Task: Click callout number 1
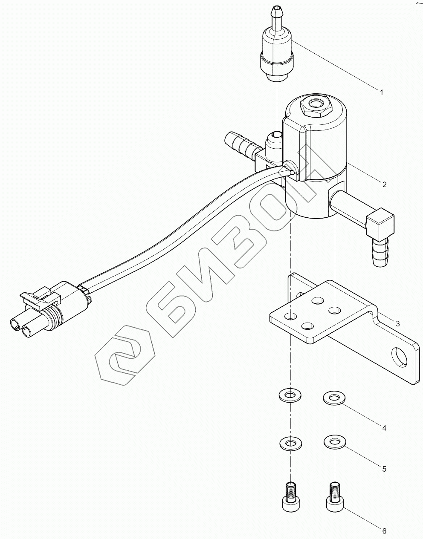pos(382,92)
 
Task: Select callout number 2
pos(384,184)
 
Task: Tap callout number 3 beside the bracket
pos(397,323)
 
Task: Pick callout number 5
pos(384,469)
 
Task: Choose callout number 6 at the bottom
pos(384,531)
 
